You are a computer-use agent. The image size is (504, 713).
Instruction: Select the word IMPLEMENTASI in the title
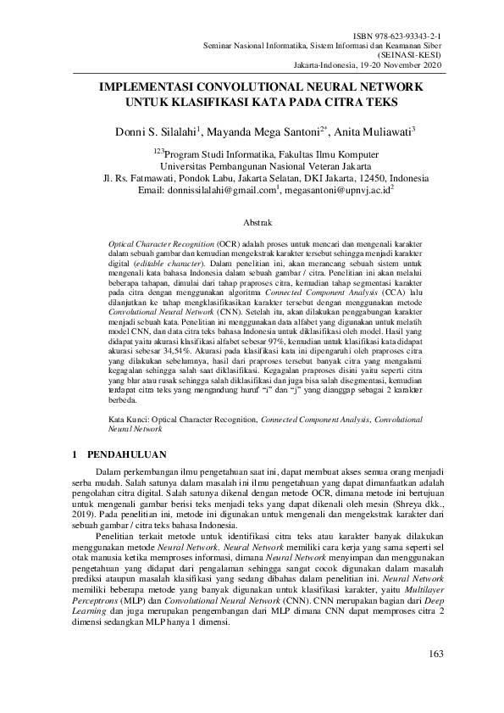[144, 87]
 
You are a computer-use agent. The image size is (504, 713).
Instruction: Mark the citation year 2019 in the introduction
[92, 515]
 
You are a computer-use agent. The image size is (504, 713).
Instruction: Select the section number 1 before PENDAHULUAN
[79, 455]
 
